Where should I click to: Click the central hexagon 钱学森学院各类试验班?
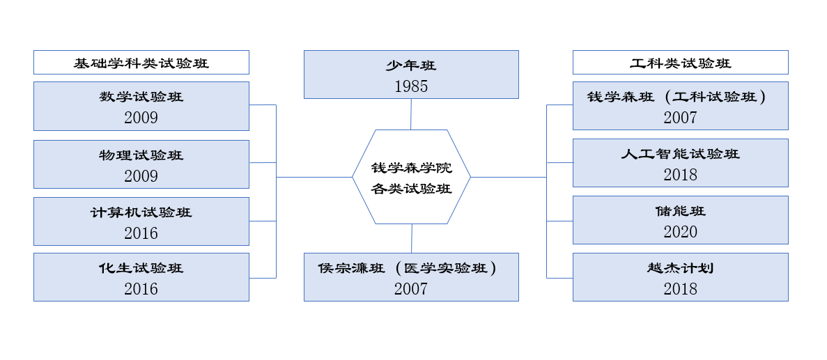tap(411, 177)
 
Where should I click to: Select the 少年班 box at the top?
tap(411, 74)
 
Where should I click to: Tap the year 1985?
tap(411, 86)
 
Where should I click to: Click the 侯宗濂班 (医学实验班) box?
tap(411, 276)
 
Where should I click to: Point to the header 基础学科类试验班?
tap(141, 63)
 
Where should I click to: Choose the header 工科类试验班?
tap(680, 63)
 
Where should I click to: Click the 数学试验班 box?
tap(141, 106)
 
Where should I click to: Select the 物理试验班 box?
tap(141, 164)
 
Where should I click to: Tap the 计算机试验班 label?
tap(141, 212)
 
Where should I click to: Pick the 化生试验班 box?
tap(141, 276)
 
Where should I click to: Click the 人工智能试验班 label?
tap(680, 154)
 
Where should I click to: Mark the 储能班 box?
tap(680, 219)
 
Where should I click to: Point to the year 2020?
tap(680, 232)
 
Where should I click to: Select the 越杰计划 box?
tap(680, 276)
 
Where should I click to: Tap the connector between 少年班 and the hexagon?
tap(411, 114)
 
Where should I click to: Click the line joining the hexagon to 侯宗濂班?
tap(412, 238)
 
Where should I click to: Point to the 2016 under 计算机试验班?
tap(141, 233)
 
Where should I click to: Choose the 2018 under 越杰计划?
tap(680, 289)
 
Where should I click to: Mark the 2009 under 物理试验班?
tap(141, 176)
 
